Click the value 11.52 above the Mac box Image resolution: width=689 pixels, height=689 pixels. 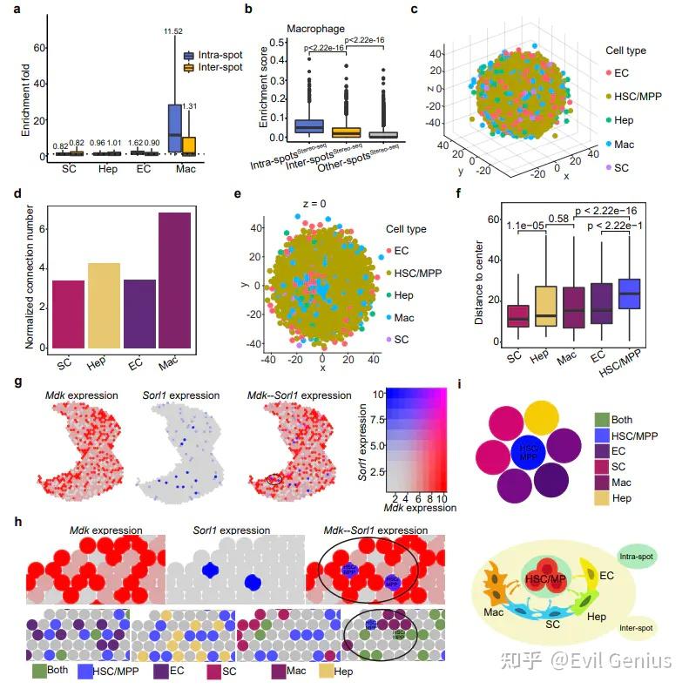point(174,32)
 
